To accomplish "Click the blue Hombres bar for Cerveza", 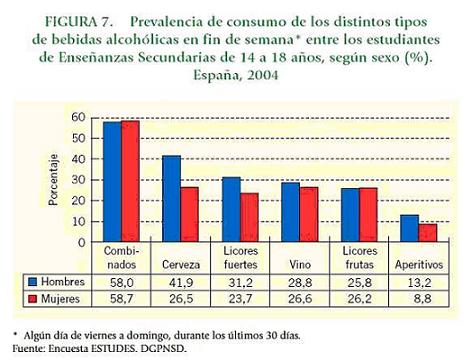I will tap(171, 196).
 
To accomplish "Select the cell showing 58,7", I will tap(121, 299).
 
